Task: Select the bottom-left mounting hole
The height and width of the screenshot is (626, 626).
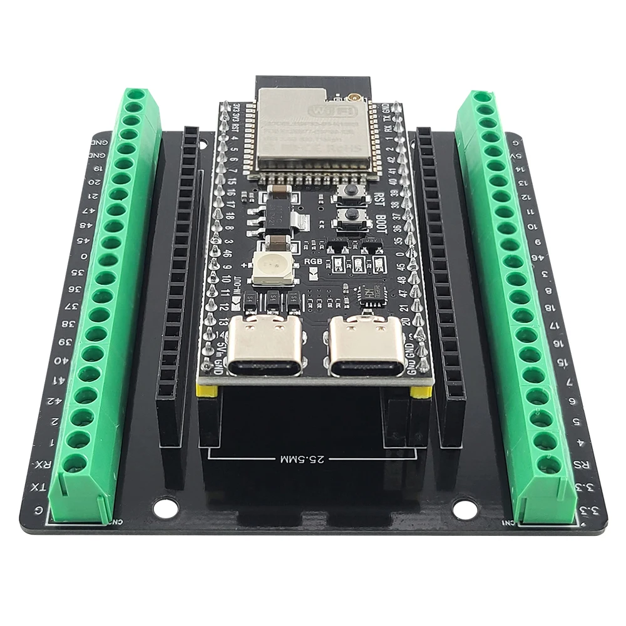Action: (165, 508)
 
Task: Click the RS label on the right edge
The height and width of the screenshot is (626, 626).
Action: (583, 464)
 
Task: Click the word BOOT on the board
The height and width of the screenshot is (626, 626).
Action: (383, 223)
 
